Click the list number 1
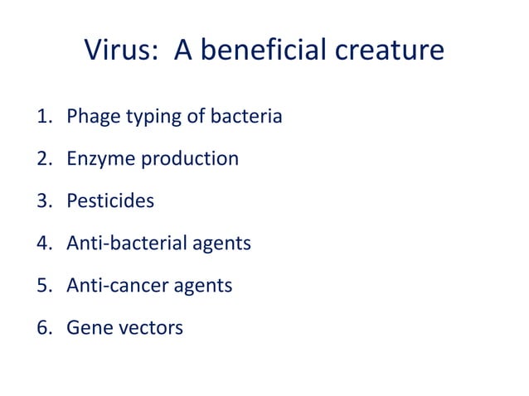pos(43,117)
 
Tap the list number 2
pos(43,158)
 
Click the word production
pos(190,158)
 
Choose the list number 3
pos(43,201)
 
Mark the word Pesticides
pos(110,201)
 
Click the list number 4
pos(43,244)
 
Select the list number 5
pos(43,286)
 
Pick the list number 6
pos(43,328)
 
